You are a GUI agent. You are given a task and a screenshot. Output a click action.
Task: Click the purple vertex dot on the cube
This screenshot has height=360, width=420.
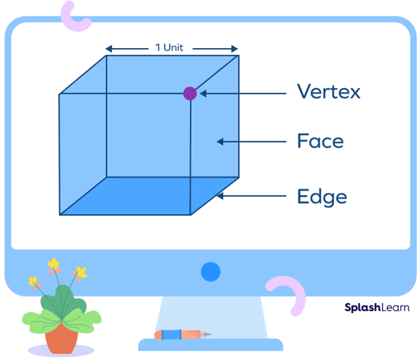190,93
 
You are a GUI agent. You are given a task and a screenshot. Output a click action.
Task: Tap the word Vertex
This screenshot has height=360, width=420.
328,92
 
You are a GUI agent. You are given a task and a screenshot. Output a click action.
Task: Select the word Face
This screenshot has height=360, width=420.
320,141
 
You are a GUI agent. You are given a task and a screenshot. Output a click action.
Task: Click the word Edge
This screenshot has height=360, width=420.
322,196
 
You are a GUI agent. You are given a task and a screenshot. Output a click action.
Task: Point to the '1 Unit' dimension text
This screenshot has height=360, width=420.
171,48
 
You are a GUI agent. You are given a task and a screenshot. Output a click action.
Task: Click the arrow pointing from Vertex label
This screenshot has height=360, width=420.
240,93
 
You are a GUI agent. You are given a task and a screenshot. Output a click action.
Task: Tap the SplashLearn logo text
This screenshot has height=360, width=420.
375,306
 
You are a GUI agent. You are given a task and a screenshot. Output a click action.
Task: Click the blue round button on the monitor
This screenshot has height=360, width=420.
211,272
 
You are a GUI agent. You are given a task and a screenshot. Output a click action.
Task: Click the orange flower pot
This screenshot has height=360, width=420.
62,338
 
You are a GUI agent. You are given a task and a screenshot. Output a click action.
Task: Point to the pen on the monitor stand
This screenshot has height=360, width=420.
182,334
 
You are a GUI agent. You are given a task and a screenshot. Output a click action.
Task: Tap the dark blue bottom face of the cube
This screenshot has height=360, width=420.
149,196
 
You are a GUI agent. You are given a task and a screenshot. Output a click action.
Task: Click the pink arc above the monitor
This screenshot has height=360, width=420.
75,16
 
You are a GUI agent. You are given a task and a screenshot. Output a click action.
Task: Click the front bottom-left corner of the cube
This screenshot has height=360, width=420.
60,215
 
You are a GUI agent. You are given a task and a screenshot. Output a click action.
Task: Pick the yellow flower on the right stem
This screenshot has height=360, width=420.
81,273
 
